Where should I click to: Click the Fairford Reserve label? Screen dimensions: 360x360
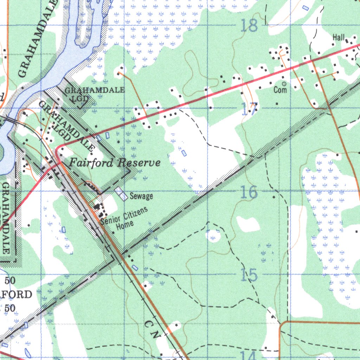click(115, 163)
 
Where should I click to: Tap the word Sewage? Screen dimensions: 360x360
click(141, 196)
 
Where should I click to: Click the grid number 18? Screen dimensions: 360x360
click(249, 26)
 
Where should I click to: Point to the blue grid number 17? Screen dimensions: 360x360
click(250, 109)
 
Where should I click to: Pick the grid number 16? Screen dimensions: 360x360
click(249, 193)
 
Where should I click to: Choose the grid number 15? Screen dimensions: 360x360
click(249, 275)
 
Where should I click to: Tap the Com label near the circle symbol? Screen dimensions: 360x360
click(280, 90)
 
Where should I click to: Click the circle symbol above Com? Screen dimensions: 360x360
click(284, 84)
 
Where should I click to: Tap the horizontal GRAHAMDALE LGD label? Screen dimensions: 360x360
click(94, 94)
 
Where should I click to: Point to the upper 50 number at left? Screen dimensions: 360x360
click(10, 281)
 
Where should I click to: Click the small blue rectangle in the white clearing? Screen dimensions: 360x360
click(184, 153)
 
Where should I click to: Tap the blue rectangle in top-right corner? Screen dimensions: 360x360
click(305, 7)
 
